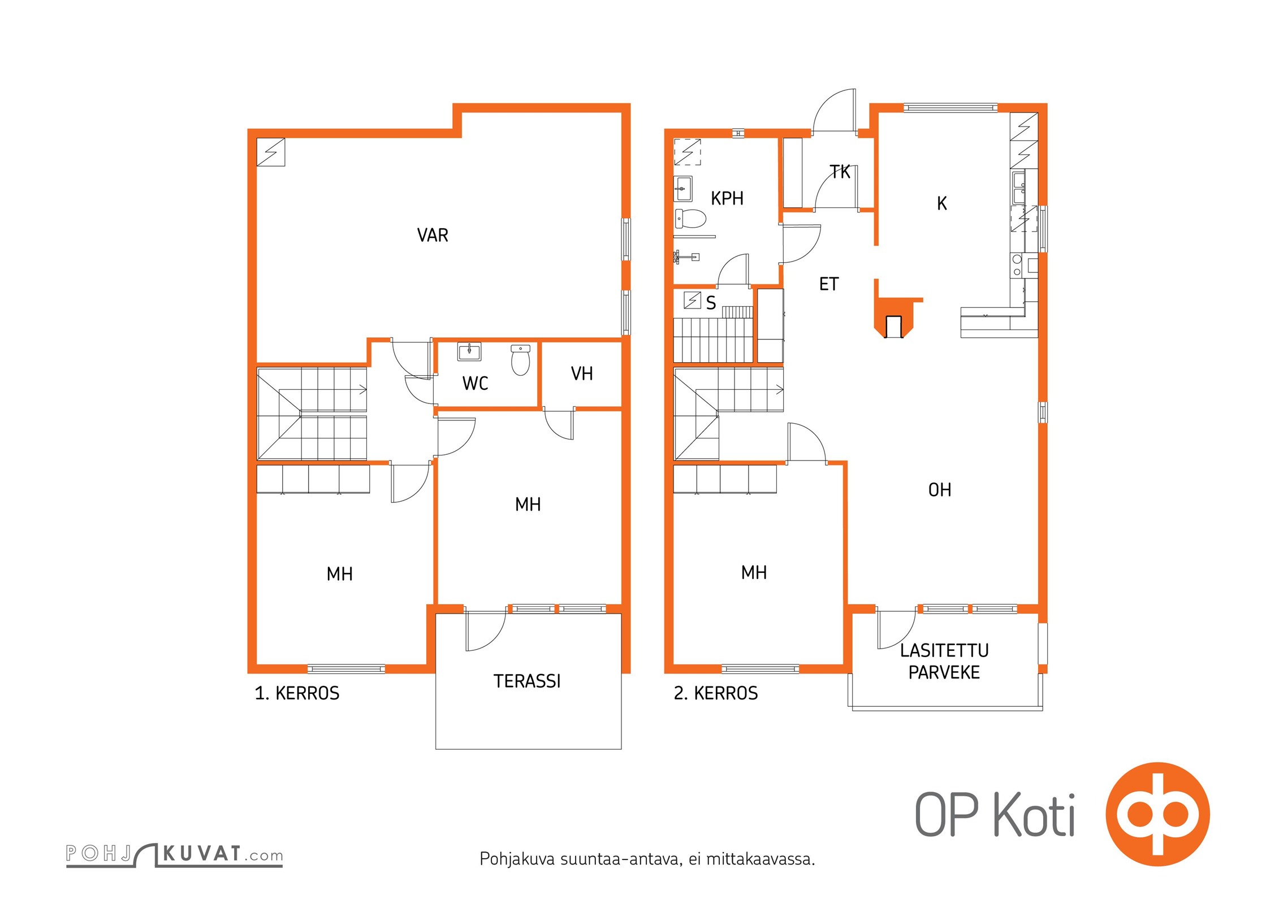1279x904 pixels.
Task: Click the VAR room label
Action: [x=433, y=235]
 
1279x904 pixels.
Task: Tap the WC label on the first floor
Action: [x=475, y=383]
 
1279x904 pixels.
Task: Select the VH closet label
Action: [x=582, y=373]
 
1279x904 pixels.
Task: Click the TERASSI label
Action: [x=527, y=681]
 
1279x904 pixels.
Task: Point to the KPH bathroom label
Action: [x=727, y=198]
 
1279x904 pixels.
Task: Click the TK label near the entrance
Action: [x=840, y=172]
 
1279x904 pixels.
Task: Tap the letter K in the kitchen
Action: [x=942, y=203]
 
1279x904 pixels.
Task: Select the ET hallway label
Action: [x=829, y=284]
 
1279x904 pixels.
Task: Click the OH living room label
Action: [x=940, y=490]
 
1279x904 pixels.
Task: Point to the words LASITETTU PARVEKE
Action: [x=944, y=662]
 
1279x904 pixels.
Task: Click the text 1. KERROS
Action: [x=297, y=693]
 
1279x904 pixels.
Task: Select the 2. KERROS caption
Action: [x=716, y=693]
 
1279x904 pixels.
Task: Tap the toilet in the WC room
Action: [x=520, y=360]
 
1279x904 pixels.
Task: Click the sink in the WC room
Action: [x=469, y=351]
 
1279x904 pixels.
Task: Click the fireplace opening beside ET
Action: [x=894, y=327]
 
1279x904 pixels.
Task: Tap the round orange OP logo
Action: [x=1157, y=814]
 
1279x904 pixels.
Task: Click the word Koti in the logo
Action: [x=1034, y=814]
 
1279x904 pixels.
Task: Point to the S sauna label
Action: [x=711, y=303]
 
